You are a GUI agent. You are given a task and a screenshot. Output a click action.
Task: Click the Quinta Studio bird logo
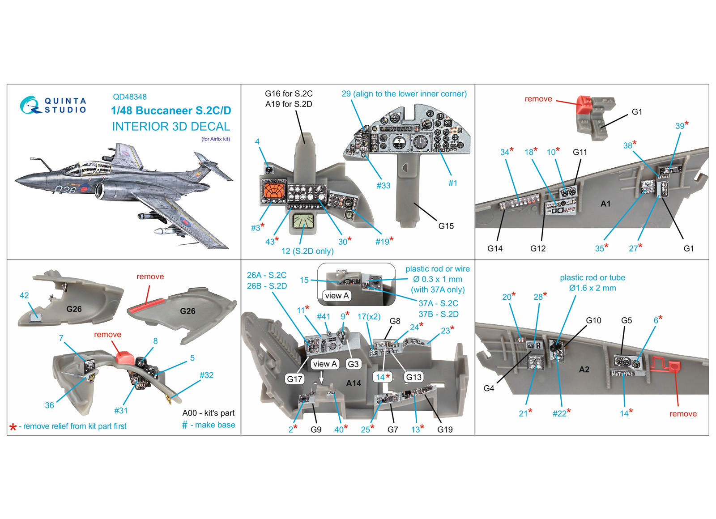tap(30, 105)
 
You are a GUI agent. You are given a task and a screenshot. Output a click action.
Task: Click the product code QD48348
tap(130, 97)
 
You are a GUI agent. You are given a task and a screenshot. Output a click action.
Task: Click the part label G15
tap(446, 226)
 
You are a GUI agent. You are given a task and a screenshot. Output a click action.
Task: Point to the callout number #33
tap(383, 185)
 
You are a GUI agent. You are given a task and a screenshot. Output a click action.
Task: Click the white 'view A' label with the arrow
tap(324, 364)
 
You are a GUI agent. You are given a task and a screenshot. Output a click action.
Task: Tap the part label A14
tap(354, 383)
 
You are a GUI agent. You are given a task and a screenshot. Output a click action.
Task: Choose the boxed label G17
tap(294, 379)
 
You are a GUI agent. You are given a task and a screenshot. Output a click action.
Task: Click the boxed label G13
tap(413, 377)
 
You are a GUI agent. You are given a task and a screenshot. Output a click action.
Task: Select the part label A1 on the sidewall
tap(605, 204)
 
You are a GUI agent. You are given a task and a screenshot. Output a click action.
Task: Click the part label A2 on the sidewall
tap(584, 370)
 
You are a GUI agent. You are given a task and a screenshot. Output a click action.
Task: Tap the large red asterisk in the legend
tap(13, 427)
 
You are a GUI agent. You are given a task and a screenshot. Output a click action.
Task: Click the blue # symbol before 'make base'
tap(185, 425)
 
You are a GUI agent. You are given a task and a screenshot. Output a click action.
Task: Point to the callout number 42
tap(24, 295)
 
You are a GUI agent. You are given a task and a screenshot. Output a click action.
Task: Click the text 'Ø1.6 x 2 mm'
tap(592, 288)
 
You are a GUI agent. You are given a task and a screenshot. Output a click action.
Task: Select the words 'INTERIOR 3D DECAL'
tap(171, 127)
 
